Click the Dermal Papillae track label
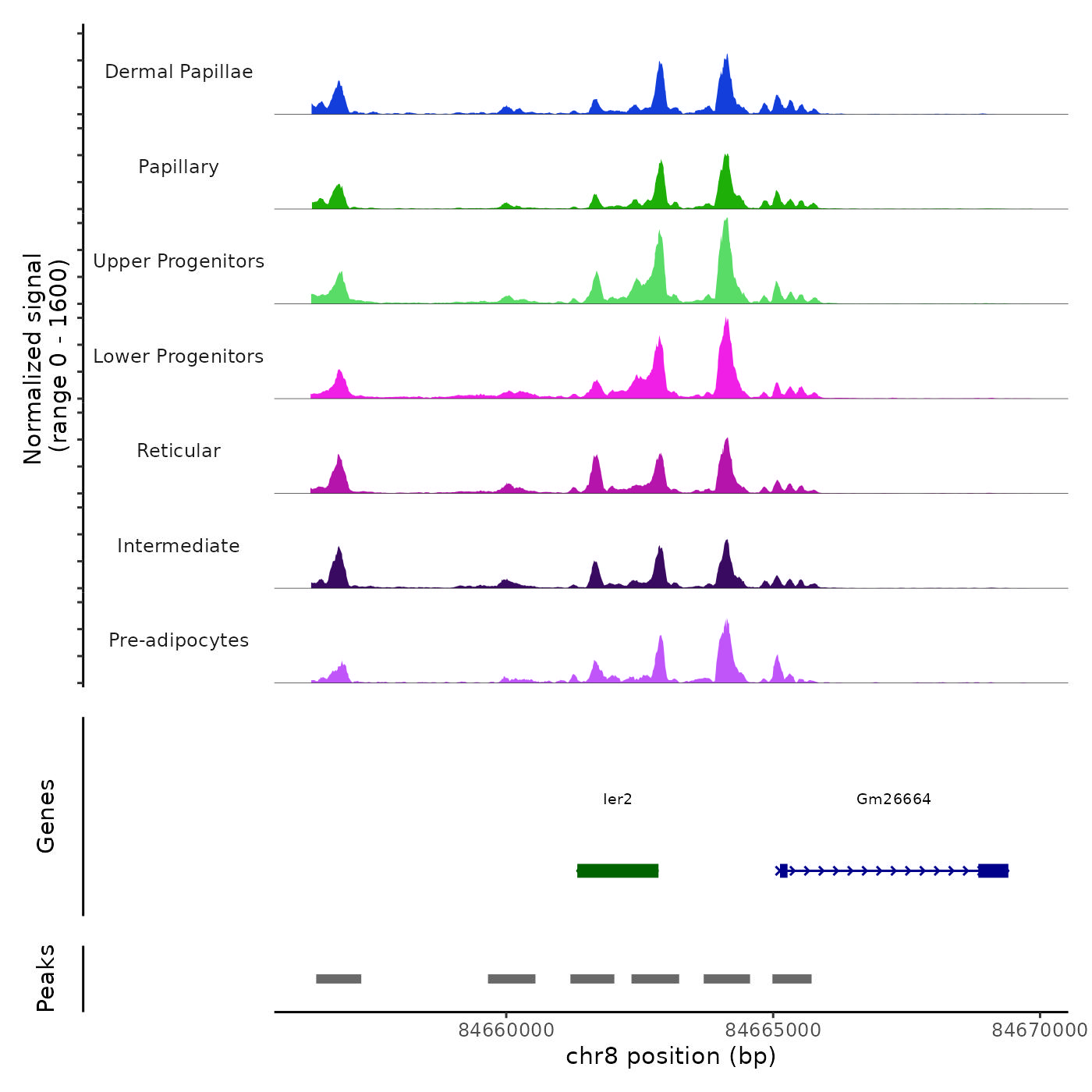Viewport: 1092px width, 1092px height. point(179,72)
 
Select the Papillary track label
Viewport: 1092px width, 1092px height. point(179,167)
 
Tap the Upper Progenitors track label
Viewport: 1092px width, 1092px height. point(179,261)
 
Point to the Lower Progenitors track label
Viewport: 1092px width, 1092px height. point(179,356)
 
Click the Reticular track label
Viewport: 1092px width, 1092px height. point(179,451)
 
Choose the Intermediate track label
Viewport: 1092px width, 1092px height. point(179,546)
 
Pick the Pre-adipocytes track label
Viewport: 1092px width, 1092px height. point(179,640)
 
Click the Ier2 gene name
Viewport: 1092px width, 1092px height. point(618,799)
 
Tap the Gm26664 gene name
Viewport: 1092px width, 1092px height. point(893,799)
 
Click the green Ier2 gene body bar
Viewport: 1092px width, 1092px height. point(618,870)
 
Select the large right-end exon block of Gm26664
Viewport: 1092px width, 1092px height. point(993,870)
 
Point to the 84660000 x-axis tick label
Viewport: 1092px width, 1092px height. point(506,1030)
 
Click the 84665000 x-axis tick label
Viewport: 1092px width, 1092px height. point(773,1030)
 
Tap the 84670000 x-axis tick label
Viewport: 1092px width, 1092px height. point(1039,1030)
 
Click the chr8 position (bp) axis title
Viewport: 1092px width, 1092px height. point(671,1056)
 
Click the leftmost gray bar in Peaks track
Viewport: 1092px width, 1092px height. point(339,979)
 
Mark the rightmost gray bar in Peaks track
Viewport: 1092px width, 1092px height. point(792,979)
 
